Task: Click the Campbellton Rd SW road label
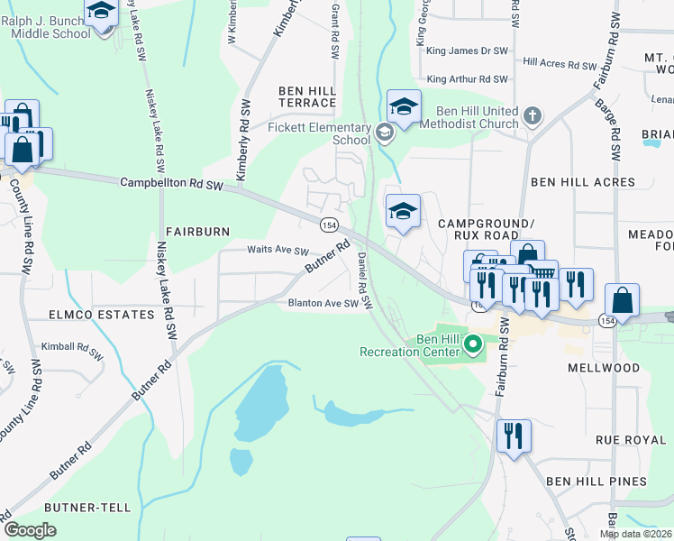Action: (x=171, y=183)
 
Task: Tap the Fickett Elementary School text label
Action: (x=306, y=134)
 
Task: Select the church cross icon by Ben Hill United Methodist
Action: (x=533, y=115)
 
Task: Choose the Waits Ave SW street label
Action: (x=278, y=252)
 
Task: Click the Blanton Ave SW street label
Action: (x=323, y=304)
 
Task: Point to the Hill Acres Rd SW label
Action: (x=560, y=65)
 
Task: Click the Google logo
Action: (x=30, y=530)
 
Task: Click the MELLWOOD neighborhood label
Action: (x=604, y=368)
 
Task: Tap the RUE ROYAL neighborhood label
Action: (x=630, y=440)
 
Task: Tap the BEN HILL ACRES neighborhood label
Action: (x=583, y=182)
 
